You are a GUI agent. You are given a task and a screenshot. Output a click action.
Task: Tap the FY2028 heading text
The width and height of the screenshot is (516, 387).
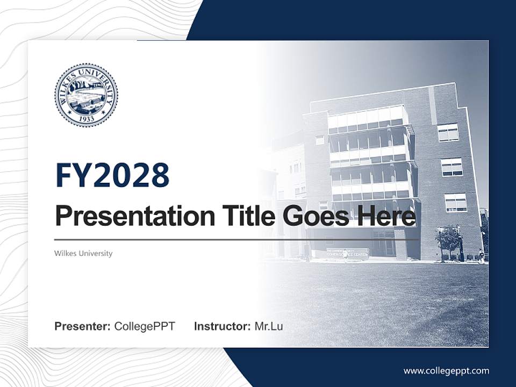tap(112, 175)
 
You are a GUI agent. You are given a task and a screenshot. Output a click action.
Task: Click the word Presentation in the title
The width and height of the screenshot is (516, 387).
tap(127, 217)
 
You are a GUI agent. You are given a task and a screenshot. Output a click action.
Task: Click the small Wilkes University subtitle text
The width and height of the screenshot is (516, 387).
tap(83, 253)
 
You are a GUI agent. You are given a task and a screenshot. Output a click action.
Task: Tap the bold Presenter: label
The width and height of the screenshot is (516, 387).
tap(82, 326)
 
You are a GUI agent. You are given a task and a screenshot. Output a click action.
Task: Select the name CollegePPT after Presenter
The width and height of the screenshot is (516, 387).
tap(145, 326)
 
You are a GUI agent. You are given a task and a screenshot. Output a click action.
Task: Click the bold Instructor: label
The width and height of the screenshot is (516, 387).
tap(222, 326)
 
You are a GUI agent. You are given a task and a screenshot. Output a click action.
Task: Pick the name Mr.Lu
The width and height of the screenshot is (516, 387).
tap(269, 326)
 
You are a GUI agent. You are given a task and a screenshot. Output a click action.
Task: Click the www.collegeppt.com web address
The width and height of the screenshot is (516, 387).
tap(446, 371)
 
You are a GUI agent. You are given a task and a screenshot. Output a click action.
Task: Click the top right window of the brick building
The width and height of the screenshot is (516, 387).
tap(448, 132)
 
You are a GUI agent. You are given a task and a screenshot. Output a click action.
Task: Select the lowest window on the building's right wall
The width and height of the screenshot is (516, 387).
tap(455, 203)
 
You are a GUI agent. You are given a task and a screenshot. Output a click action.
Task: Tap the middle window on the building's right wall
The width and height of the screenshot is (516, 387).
tap(452, 167)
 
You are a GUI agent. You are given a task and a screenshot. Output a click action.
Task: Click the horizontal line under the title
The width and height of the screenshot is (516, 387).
tap(236, 240)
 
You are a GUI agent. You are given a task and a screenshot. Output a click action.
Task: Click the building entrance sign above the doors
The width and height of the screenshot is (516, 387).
tap(347, 250)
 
